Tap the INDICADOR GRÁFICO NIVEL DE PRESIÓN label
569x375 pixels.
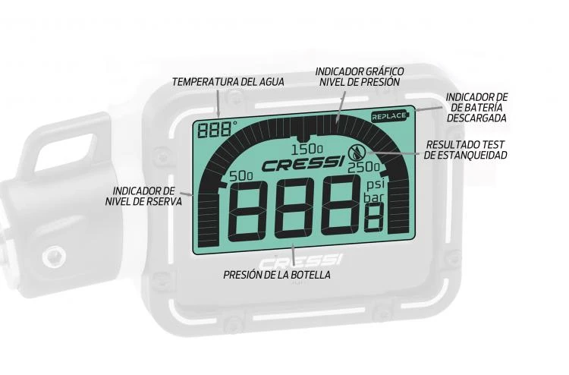(360, 77)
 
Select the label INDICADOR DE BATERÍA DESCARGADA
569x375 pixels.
(476, 107)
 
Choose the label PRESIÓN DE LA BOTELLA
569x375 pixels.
(277, 274)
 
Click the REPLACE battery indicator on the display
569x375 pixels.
(389, 116)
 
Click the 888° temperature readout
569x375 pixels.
(214, 129)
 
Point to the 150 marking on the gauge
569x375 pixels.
(307, 147)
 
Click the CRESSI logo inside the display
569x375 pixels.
(301, 164)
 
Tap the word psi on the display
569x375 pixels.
(375, 184)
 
